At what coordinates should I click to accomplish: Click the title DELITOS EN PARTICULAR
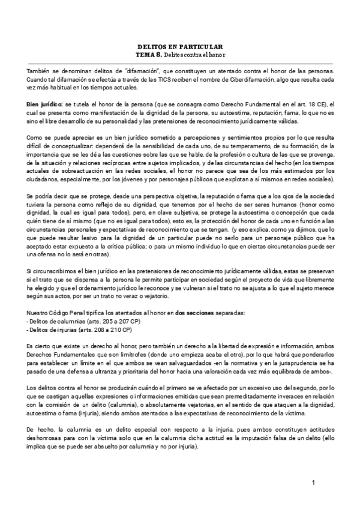[180, 46]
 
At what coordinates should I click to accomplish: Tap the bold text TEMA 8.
[149, 54]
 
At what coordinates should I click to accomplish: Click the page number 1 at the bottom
[314, 483]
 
